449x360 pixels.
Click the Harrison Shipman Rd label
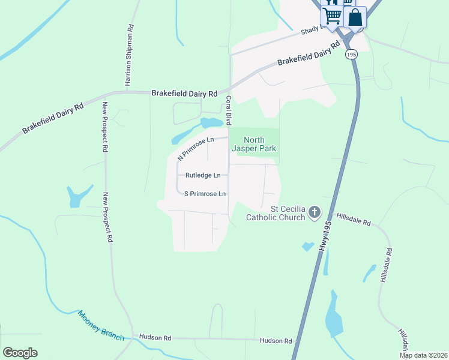(128, 55)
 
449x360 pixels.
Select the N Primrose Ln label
(196, 148)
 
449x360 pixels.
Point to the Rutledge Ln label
(203, 175)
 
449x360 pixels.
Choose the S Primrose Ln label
(205, 194)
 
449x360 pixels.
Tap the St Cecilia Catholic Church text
(279, 213)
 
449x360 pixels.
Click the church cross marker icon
(315, 212)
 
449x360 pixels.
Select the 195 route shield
(351, 55)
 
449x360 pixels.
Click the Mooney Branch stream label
(100, 325)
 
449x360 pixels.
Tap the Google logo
(20, 353)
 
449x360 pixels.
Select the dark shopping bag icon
(355, 17)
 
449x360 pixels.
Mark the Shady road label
(312, 28)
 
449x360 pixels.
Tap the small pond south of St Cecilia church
(308, 246)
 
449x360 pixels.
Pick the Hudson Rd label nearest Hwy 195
(276, 341)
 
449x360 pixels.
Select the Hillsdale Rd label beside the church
(354, 219)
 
